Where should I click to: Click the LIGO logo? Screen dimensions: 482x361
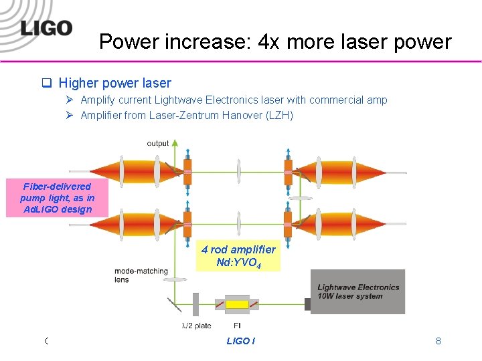click(46, 29)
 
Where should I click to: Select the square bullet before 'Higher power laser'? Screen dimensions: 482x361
click(48, 84)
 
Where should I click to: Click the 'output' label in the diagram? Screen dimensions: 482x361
click(158, 143)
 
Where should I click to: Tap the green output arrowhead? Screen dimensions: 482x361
click(175, 143)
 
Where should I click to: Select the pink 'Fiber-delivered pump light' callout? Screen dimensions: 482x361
click(58, 198)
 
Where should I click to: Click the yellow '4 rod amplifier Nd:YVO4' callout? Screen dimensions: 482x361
click(238, 255)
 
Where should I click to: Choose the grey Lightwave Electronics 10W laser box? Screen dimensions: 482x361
click(357, 291)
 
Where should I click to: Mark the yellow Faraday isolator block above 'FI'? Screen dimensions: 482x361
click(237, 304)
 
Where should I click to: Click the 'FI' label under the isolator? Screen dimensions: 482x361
click(237, 326)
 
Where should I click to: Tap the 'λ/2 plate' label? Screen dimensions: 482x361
click(196, 326)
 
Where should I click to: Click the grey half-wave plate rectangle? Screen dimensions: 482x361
click(196, 304)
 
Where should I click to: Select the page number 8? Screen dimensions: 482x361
click(438, 341)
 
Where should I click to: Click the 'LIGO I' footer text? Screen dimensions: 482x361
click(240, 341)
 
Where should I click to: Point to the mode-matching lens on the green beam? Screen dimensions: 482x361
click(175, 279)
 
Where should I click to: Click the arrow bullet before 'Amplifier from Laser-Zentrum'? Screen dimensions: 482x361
click(71, 115)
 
